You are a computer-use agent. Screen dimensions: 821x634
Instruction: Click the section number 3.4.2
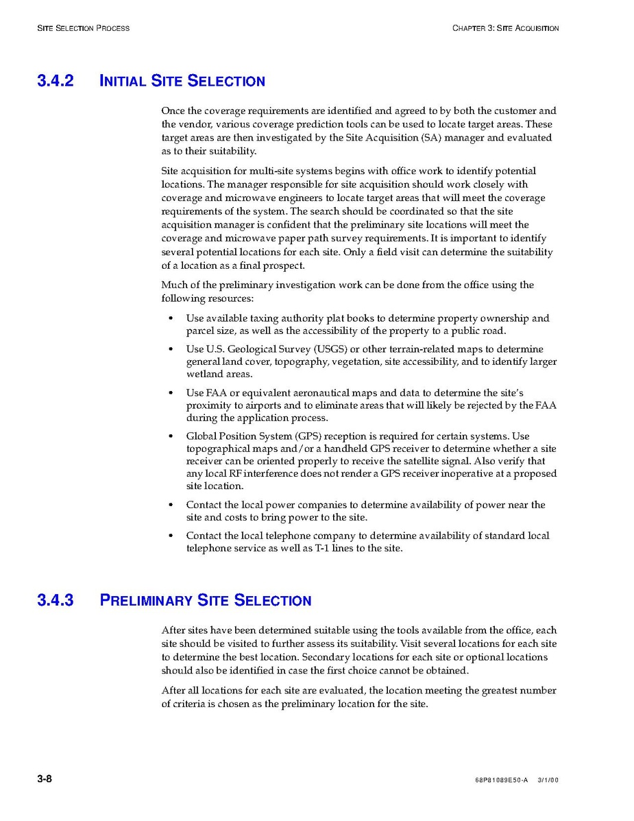[x=55, y=81]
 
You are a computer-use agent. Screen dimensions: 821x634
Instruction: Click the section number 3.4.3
[x=55, y=600]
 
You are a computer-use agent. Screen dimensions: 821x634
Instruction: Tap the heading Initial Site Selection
[x=182, y=81]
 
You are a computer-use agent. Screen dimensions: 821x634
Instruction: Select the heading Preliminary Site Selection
[x=206, y=600]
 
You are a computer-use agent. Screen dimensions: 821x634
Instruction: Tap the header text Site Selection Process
[x=83, y=28]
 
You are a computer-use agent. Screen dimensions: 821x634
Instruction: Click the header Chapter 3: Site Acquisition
[x=505, y=28]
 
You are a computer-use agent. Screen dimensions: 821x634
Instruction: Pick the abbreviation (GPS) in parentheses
[x=302, y=436]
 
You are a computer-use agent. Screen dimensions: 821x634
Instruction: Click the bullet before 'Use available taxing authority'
[x=171, y=319]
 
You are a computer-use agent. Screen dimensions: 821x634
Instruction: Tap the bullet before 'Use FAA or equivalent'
[x=171, y=394]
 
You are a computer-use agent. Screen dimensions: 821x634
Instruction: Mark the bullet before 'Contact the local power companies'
[x=171, y=505]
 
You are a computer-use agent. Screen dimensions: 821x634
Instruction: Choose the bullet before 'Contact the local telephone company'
[x=171, y=536]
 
